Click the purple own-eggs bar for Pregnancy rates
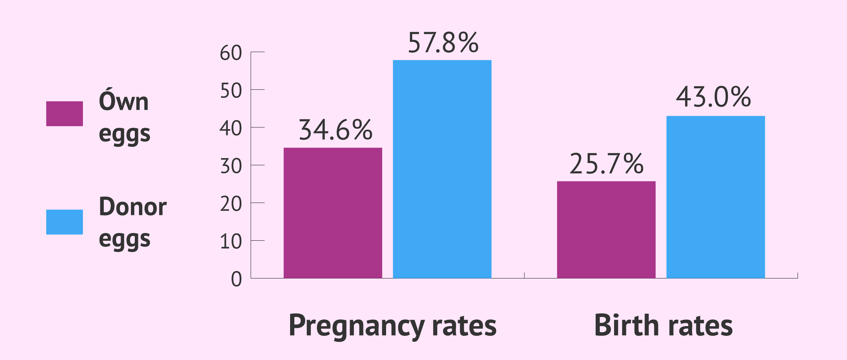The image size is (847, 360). [333, 213]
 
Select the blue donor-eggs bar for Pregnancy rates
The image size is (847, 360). [442, 169]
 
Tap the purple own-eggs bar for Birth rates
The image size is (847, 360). [606, 229]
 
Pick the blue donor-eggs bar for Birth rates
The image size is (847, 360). [715, 197]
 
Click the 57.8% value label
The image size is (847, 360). [443, 43]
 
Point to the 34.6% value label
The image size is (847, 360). [335, 130]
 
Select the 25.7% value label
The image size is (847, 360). [606, 164]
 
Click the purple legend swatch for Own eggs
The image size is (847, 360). [65, 114]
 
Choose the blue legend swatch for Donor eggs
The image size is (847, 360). [65, 222]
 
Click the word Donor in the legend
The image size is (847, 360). [133, 207]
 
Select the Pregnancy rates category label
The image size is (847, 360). [392, 326]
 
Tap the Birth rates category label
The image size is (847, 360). [663, 326]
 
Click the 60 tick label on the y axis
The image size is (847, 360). [231, 53]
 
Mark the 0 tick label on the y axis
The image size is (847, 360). [236, 280]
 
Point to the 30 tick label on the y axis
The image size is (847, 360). [231, 167]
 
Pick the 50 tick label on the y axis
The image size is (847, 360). [231, 91]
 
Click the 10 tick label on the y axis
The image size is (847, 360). [231, 242]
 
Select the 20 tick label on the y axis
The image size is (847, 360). [231, 204]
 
